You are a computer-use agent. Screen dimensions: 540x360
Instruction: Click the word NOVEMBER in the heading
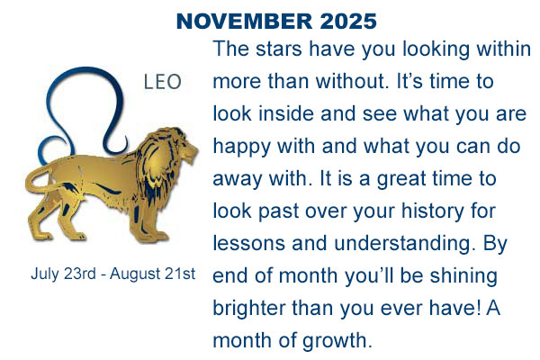(245, 21)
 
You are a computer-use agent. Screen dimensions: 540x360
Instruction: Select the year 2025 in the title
(348, 21)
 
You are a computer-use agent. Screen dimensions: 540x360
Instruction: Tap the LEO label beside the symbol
(162, 82)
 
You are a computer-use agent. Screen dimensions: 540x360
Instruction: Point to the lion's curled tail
(38, 179)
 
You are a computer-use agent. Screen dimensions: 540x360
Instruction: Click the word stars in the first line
(279, 49)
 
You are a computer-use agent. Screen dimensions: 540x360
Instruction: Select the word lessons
(249, 243)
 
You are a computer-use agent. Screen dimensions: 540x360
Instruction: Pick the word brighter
(249, 308)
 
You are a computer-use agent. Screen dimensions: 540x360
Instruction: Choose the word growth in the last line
(336, 341)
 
